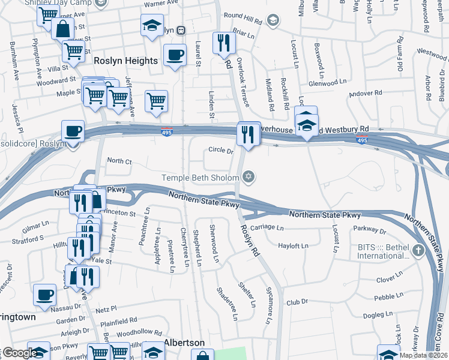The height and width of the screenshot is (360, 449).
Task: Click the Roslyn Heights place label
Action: (x=126, y=61)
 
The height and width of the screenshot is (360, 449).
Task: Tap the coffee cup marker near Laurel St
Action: (x=174, y=55)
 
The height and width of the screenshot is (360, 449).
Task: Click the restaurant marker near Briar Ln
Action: (x=221, y=42)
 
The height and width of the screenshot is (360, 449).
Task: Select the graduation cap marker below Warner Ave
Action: (x=152, y=25)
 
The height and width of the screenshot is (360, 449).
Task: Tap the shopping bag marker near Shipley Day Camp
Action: (x=62, y=28)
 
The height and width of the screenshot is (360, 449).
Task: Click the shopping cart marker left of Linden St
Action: (x=156, y=100)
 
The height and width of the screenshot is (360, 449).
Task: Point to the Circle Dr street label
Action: (x=220, y=151)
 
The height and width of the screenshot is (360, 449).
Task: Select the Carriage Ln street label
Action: (x=267, y=227)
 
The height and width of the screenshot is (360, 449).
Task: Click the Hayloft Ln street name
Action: (x=293, y=245)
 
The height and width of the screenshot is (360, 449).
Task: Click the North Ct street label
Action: (x=119, y=161)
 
